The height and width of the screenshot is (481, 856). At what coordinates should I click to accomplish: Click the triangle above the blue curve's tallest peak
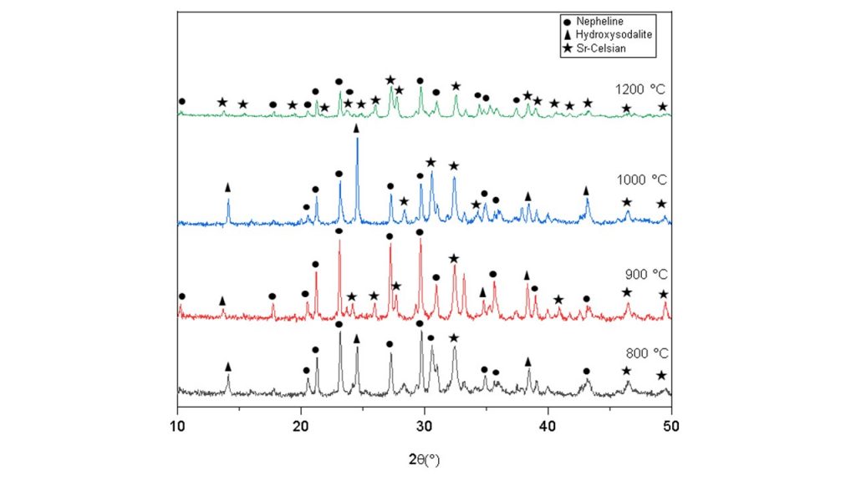pyautogui.click(x=357, y=128)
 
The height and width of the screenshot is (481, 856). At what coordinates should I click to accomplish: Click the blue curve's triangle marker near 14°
pyautogui.click(x=228, y=188)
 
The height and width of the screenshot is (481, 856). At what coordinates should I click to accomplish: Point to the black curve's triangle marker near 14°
pyautogui.click(x=228, y=367)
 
